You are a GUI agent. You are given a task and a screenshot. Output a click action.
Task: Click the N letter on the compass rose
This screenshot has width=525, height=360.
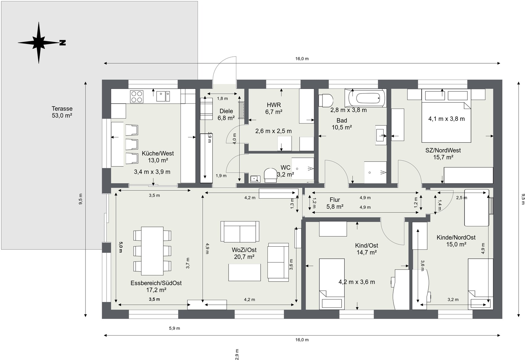[x=63, y=43]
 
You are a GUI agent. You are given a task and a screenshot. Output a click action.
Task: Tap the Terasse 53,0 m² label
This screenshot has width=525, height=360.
[x=62, y=112]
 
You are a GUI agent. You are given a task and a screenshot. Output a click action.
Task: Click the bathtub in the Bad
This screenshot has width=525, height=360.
[x=367, y=98]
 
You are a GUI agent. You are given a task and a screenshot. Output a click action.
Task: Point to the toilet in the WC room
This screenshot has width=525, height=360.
[x=270, y=175]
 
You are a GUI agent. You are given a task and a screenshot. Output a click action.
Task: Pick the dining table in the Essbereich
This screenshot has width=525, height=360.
[x=152, y=251]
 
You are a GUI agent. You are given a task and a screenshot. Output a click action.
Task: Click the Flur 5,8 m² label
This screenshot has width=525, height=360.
[x=335, y=203]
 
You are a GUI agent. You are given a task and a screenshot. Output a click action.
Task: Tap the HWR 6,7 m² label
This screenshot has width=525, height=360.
[x=274, y=108]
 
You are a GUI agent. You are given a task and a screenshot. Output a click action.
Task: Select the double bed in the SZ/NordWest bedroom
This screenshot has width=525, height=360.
[x=446, y=116]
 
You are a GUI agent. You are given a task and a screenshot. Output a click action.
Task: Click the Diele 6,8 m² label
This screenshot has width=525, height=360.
[x=226, y=114]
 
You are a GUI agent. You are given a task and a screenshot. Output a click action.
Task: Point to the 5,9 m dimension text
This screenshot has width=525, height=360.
[x=174, y=329]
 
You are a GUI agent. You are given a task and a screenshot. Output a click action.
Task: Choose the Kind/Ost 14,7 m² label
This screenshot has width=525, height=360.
[x=367, y=249]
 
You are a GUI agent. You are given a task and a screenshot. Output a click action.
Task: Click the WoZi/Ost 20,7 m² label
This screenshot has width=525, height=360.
[x=244, y=253]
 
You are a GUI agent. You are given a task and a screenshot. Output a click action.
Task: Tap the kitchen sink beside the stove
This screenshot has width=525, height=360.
[x=163, y=96]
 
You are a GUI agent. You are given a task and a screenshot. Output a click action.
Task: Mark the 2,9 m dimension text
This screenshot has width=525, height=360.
[x=237, y=354]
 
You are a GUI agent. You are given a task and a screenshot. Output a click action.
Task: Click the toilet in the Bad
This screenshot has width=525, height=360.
[x=326, y=100]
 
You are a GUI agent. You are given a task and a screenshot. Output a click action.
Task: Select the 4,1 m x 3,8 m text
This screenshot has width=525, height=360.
[x=447, y=119]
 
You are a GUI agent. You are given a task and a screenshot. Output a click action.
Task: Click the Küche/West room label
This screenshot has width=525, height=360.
[x=158, y=153]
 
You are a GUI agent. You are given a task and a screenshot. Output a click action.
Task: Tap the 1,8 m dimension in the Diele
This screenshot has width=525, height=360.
[x=222, y=99]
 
